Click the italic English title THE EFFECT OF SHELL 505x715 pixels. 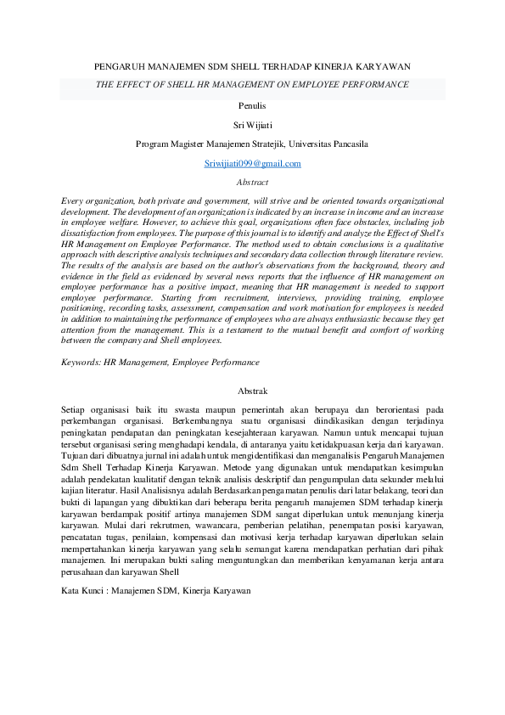tap(252, 85)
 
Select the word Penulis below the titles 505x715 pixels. tap(252, 105)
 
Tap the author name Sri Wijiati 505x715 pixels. tap(252, 125)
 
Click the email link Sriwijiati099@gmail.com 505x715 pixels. tap(253, 163)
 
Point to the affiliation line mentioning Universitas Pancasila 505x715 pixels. tap(252, 144)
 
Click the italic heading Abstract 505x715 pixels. tap(252, 182)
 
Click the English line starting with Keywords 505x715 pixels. tap(160, 362)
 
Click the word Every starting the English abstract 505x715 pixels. tap(74, 200)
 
